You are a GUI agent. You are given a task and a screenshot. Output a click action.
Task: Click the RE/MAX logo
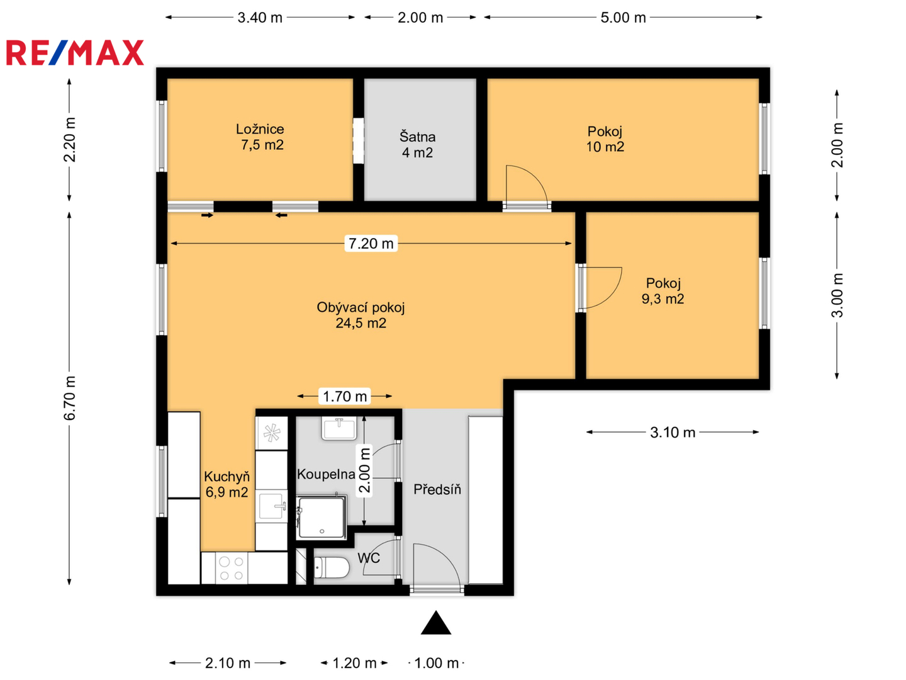[x=75, y=52]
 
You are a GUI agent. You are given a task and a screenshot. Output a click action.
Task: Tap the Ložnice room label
[x=260, y=129]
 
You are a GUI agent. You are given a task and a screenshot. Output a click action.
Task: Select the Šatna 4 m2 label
[x=417, y=145]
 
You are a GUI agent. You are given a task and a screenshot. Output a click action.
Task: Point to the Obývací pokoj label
[x=361, y=308]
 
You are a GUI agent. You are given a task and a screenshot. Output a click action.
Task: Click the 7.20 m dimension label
[x=371, y=243]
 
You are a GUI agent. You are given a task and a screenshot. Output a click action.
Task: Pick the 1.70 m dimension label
[x=345, y=396]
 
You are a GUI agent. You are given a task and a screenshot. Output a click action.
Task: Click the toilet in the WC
[x=332, y=567]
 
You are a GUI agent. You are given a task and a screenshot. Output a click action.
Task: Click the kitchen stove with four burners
[x=231, y=568]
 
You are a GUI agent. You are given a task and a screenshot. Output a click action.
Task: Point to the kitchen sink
[x=272, y=506]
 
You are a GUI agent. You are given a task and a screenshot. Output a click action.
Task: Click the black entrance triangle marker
[x=435, y=623]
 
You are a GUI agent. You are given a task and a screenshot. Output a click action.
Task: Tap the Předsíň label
[x=437, y=489]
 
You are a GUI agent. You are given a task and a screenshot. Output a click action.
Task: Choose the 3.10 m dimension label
[x=673, y=433]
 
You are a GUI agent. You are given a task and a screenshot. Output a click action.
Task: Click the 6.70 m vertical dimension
[x=69, y=399]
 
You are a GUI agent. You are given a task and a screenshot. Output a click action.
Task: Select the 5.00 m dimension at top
[x=623, y=18]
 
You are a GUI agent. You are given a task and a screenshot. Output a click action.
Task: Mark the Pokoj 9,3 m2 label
[x=663, y=291]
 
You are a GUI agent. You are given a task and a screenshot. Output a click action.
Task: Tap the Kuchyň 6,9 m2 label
[x=226, y=484]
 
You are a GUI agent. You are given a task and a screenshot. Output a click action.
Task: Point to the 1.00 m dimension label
[x=436, y=663]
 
